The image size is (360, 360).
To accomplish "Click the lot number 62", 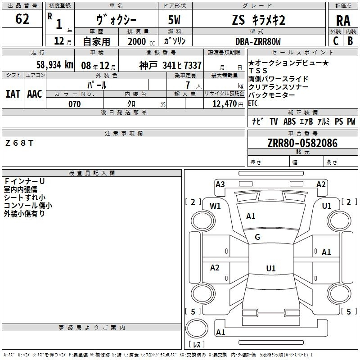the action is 22,19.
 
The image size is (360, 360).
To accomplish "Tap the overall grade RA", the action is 343,21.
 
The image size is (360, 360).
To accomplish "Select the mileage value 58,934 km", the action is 55,65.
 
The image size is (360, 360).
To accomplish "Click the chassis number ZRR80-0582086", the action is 302,143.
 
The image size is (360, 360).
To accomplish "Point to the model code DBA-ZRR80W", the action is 258,41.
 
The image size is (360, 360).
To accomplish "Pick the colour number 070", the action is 75,104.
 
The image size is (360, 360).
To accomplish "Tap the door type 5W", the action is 174,20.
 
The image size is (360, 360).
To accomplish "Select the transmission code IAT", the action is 13,94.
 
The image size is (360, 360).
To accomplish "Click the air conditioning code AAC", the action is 35,94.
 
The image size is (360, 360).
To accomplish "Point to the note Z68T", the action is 19,143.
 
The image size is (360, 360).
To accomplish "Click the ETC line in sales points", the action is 253,103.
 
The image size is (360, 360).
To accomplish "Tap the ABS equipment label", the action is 289,121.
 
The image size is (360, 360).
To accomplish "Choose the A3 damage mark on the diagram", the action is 220,184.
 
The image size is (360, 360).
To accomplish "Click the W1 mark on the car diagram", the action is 215,206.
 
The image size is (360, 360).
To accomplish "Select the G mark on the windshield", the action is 257,237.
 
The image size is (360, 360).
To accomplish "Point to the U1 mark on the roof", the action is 271,268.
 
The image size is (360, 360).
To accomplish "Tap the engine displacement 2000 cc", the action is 141,42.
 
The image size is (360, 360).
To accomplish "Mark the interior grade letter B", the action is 350,41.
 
